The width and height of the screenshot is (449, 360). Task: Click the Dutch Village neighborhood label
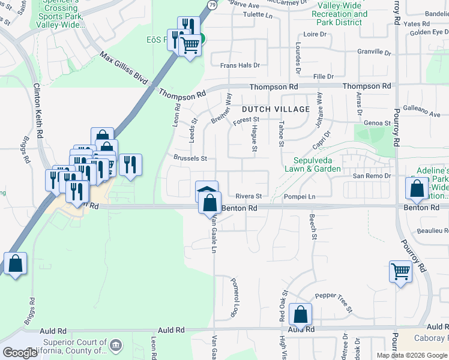(276, 109)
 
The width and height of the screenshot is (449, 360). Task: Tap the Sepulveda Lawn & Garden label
(317, 165)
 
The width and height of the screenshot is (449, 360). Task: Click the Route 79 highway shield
(212, 4)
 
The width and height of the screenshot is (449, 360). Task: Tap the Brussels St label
(190, 159)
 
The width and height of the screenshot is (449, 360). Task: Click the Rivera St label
(249, 196)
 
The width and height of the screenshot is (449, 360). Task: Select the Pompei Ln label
(300, 197)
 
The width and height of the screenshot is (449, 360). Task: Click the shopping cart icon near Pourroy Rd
(400, 271)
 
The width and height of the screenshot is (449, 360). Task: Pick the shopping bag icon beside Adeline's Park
(416, 189)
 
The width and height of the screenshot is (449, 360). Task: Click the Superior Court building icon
(116, 345)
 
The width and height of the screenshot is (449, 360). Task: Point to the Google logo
(20, 353)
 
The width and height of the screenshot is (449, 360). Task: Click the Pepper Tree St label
(333, 304)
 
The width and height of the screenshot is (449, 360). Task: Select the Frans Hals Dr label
(240, 65)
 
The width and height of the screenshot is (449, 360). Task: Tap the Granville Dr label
(374, 53)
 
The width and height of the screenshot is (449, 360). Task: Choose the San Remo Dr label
(371, 176)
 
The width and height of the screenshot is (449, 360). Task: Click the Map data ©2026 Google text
(412, 355)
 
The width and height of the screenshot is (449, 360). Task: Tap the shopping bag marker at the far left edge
(15, 264)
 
